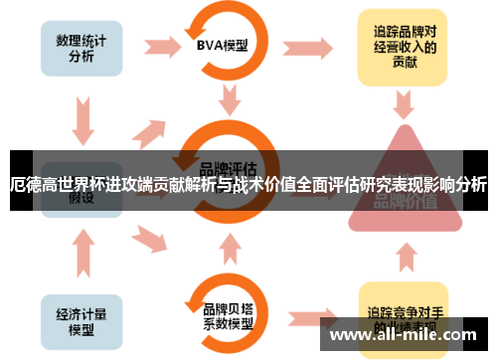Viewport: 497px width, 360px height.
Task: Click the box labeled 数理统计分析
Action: coord(82,44)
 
